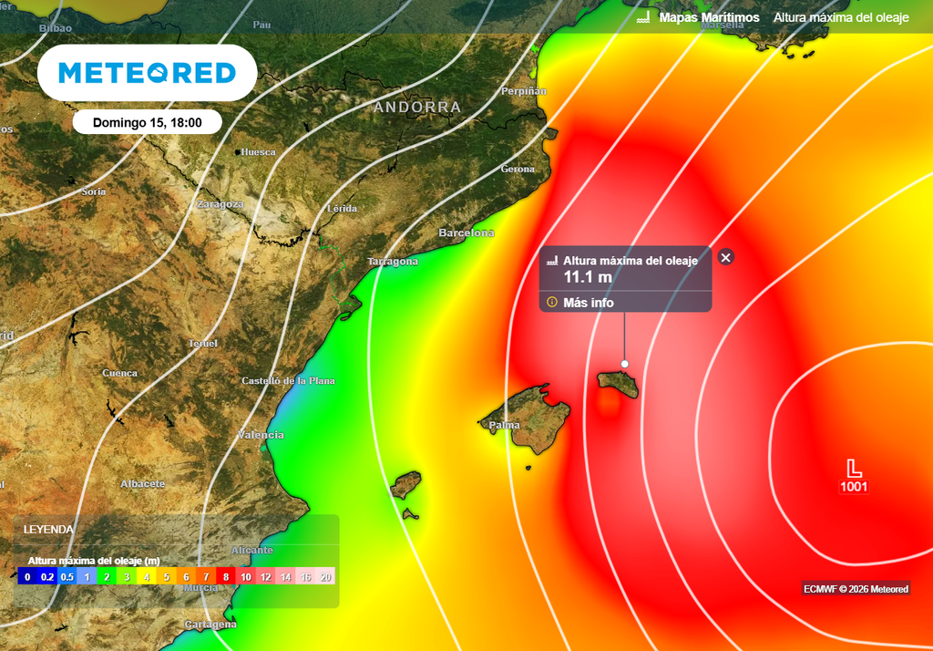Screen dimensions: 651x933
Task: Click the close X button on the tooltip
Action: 725,257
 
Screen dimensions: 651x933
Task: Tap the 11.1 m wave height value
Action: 587,277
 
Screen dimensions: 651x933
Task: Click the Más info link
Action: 588,303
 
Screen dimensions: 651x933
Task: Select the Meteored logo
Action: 147,73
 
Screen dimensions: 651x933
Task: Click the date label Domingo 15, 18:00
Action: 147,122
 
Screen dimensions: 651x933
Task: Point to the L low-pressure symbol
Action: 854,469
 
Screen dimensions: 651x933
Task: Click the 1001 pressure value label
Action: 854,487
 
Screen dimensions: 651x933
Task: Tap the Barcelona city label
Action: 466,233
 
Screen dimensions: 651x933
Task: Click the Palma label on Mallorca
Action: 504,426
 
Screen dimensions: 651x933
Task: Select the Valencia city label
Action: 261,435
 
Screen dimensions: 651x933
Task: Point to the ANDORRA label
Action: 417,108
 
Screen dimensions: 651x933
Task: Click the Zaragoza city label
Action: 220,204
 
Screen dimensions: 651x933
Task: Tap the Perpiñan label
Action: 524,91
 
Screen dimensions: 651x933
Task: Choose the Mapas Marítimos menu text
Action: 709,17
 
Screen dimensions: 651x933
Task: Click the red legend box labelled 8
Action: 226,576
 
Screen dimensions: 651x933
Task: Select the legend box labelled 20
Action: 326,576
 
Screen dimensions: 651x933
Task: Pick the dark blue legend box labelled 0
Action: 27,576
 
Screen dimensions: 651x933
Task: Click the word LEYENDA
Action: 48,529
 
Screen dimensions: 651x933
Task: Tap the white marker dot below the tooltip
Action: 625,364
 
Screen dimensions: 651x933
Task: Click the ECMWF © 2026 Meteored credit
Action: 856,589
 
